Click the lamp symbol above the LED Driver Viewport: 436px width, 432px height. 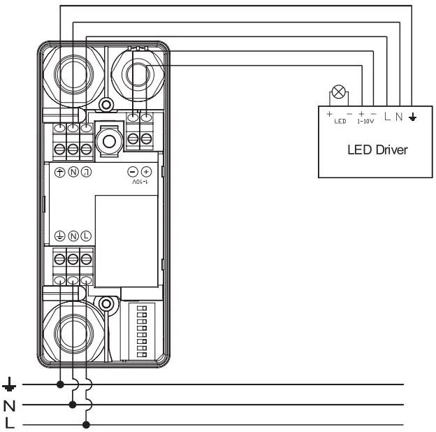(340, 92)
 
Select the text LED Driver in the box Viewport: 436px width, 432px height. (377, 150)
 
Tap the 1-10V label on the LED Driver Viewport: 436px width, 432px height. (367, 121)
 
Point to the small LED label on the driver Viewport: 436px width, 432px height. (340, 121)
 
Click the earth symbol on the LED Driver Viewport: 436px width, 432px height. (412, 116)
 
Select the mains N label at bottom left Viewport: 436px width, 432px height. (9, 405)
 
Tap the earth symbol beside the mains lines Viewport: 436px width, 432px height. (9, 384)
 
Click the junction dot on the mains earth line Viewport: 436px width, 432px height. (61, 384)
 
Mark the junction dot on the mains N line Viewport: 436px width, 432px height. (73, 404)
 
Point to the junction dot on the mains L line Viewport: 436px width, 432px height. (86, 424)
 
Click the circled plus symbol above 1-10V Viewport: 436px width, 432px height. (146, 172)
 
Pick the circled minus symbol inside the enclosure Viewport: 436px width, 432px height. (133, 172)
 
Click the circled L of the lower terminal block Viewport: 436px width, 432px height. (86, 236)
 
